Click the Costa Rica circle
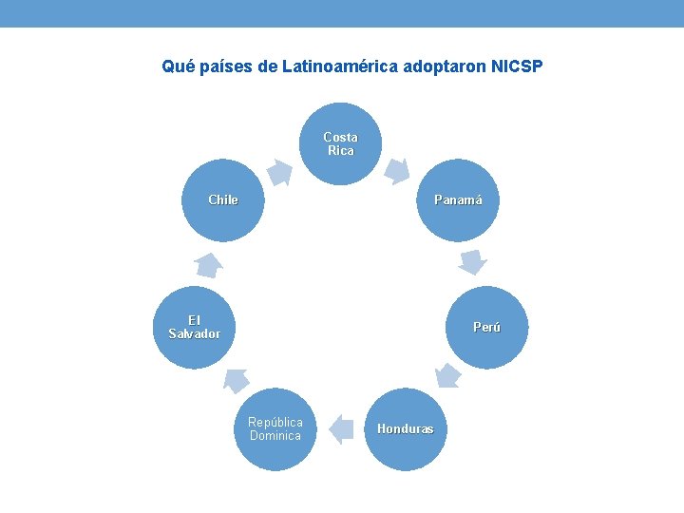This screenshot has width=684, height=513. (x=340, y=144)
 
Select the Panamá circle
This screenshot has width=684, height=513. (x=458, y=200)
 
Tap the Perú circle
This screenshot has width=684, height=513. (x=486, y=327)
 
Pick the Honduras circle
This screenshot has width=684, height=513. (x=406, y=429)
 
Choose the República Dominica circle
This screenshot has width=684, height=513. (x=275, y=429)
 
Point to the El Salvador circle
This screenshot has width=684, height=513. (x=195, y=327)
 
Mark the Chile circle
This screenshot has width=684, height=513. (x=223, y=200)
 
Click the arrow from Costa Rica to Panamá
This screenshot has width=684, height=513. (x=397, y=171)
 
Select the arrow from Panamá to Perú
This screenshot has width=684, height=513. (x=472, y=260)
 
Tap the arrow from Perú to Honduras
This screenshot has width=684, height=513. (x=446, y=374)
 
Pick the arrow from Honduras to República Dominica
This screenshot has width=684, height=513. (x=340, y=429)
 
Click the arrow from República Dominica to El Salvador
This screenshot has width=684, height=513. (x=236, y=380)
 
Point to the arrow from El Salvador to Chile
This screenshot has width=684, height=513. (x=208, y=265)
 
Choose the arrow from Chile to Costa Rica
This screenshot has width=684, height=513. (x=279, y=172)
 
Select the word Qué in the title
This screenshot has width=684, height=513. (x=175, y=67)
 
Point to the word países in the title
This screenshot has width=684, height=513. (x=220, y=67)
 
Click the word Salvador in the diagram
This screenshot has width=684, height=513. (x=195, y=334)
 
